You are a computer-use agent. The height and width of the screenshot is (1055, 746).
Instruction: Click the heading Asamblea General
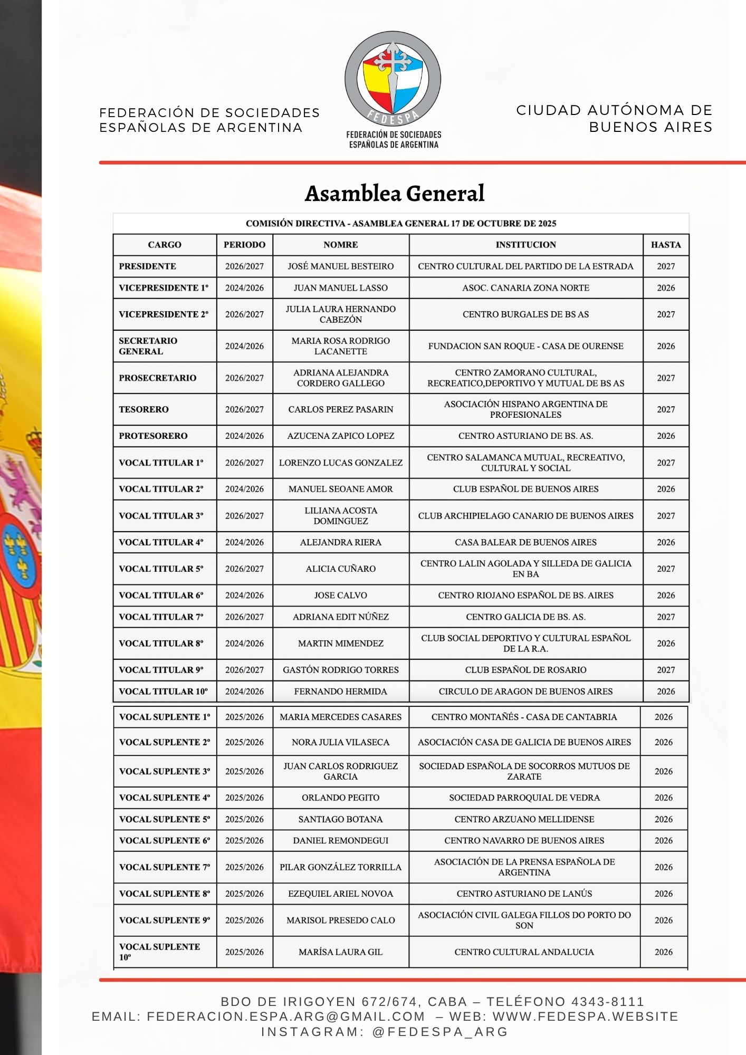click(x=395, y=194)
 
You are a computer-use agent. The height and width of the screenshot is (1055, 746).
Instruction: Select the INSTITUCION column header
click(x=525, y=245)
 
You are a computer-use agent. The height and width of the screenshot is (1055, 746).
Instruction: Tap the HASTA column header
click(x=666, y=245)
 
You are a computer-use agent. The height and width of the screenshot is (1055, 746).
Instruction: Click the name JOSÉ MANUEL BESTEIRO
click(x=341, y=266)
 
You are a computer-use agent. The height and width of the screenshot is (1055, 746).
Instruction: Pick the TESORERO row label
click(x=144, y=409)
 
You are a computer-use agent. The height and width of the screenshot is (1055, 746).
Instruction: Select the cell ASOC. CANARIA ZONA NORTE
click(x=525, y=288)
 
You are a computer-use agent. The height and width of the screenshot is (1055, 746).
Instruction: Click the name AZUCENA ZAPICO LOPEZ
click(x=341, y=436)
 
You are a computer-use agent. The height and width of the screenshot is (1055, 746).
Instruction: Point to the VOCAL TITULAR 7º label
click(x=161, y=617)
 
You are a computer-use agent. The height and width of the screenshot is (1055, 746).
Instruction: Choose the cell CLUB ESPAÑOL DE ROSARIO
click(x=525, y=670)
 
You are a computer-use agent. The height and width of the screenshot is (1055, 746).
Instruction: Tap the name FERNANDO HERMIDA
click(x=341, y=692)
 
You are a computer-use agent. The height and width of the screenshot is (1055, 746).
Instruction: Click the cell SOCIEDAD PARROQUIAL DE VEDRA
click(x=524, y=798)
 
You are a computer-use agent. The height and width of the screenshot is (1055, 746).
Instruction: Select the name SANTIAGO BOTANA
click(x=341, y=819)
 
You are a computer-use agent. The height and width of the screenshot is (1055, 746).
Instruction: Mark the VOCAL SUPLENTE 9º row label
click(x=165, y=920)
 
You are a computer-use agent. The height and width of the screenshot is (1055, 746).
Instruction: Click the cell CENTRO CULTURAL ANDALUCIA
click(x=524, y=952)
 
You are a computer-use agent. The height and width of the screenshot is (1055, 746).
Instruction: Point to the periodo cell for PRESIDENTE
click(x=244, y=266)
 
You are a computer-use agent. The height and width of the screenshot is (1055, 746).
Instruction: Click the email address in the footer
click(x=285, y=1016)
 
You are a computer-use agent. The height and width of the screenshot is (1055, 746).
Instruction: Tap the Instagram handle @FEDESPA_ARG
click(x=440, y=1032)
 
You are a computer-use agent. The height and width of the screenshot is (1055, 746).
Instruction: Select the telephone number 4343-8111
click(x=608, y=1002)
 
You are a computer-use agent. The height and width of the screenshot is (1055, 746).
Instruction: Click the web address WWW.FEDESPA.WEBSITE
click(x=586, y=1016)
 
